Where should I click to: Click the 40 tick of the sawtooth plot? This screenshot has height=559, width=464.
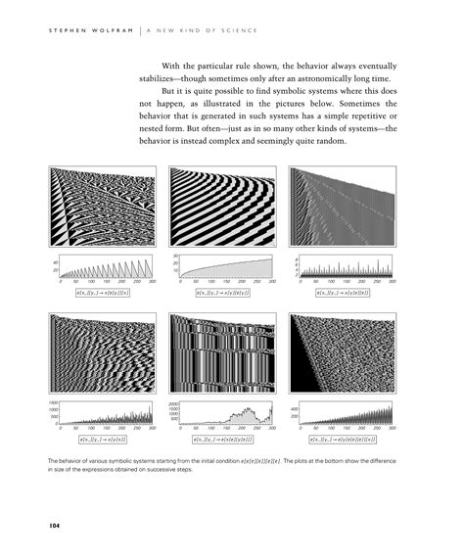[x=56, y=261]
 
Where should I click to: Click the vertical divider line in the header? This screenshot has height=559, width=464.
[x=135, y=30]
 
